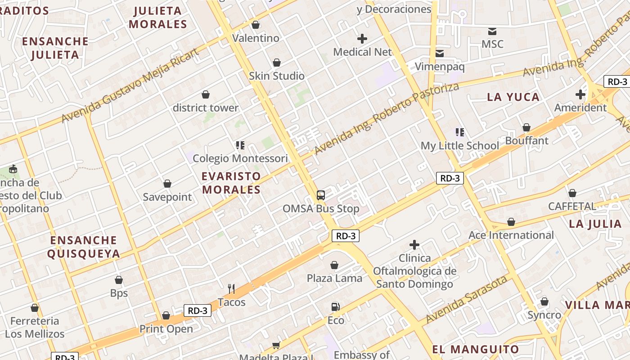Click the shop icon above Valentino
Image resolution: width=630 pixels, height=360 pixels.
256,25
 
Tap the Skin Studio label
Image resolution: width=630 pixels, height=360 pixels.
277,76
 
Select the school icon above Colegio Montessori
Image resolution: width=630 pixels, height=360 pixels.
240,145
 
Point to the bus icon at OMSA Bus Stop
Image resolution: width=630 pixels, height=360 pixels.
321,195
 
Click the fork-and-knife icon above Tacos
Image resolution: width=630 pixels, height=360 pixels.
231,288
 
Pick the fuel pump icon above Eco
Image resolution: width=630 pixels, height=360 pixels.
335,307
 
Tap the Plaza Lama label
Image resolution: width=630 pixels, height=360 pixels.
334,278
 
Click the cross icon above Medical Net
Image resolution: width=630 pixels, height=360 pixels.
362,39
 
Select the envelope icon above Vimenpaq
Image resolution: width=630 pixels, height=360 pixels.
440,54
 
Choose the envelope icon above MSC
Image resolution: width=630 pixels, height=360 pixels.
492,31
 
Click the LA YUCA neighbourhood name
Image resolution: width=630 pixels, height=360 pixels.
513,97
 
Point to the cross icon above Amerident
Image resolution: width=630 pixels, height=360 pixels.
580,94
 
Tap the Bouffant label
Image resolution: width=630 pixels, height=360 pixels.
526,141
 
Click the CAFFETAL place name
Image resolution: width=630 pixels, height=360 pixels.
571,207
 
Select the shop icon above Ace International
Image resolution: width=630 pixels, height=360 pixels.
511,222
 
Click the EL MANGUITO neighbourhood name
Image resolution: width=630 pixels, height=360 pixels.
476,349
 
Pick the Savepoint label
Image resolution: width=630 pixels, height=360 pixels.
167,197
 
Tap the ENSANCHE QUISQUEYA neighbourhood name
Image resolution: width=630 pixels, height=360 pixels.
84,247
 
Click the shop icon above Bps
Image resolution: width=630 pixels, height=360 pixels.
119,280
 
